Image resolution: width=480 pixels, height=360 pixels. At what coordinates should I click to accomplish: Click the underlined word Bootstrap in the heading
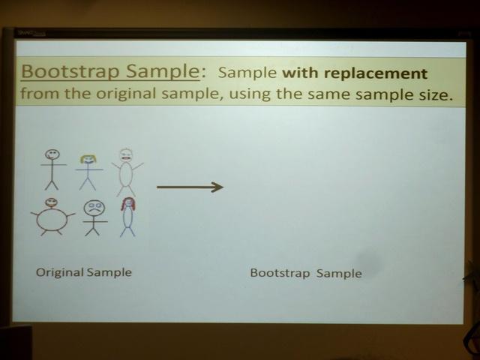click(x=70, y=72)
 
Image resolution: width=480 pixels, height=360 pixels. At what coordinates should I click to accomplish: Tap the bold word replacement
click(x=375, y=74)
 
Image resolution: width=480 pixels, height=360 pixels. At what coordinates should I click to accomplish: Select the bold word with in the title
click(x=301, y=73)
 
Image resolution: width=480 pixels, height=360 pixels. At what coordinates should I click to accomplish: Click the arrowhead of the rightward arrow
click(x=217, y=187)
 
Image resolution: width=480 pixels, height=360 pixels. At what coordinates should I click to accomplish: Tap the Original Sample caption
click(x=84, y=272)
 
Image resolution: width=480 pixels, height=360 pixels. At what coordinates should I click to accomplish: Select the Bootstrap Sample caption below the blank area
click(x=306, y=273)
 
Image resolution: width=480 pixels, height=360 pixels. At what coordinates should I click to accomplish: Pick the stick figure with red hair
click(x=128, y=217)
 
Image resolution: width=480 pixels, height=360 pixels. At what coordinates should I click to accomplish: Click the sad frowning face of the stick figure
click(x=94, y=208)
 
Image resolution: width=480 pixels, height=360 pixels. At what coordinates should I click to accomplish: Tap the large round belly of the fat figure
click(x=52, y=219)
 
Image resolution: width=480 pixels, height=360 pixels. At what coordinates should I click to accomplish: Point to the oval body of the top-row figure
click(x=126, y=174)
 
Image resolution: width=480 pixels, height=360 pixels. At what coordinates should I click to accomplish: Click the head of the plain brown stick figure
click(x=52, y=154)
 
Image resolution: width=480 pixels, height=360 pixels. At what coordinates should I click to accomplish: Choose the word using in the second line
click(x=250, y=94)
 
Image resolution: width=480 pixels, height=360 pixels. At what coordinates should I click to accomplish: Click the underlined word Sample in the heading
click(x=163, y=72)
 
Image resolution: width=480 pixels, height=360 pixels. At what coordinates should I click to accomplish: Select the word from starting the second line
click(x=40, y=93)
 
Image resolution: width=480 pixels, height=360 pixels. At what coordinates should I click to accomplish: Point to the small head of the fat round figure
click(x=52, y=202)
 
